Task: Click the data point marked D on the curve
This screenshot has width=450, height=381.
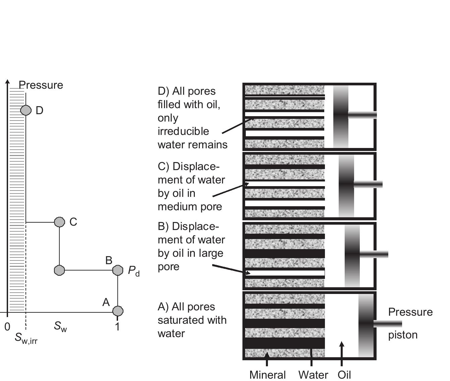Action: (x=26, y=110)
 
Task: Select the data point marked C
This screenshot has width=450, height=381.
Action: (x=59, y=222)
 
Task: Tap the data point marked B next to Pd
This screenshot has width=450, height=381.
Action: (x=118, y=270)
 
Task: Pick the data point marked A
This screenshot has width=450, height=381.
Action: (x=118, y=311)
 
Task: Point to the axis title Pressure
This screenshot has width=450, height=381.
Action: (x=41, y=85)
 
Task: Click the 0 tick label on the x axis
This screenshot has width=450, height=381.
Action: (x=7, y=327)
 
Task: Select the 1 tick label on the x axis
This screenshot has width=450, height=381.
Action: (x=117, y=327)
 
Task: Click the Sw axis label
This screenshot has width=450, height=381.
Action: (x=60, y=326)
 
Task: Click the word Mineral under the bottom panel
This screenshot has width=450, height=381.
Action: (x=268, y=375)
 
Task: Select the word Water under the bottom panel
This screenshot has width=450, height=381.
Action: (x=313, y=375)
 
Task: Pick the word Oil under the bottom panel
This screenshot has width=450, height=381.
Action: (x=344, y=375)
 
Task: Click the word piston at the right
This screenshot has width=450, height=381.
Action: (x=403, y=335)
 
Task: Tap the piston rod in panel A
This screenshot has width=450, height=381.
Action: (x=388, y=324)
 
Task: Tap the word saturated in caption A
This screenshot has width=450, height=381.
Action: (x=192, y=320)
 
